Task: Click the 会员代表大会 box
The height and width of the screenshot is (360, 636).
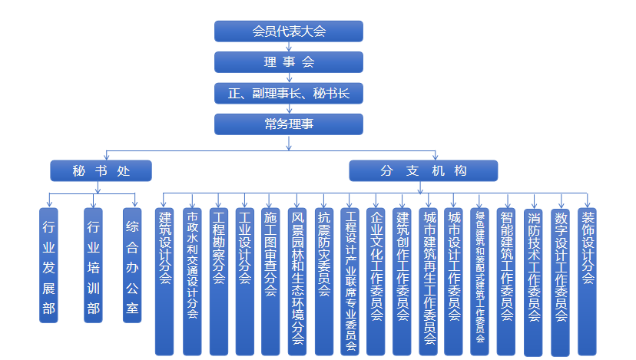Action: pos(288,31)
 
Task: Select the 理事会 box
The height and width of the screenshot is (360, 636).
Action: pos(288,62)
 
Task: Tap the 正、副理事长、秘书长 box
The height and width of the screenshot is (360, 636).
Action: pos(288,93)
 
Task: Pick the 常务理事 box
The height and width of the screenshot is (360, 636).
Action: pos(288,124)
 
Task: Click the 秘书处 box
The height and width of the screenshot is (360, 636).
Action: pos(101,170)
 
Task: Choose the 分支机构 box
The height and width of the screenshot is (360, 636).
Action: pos(423,170)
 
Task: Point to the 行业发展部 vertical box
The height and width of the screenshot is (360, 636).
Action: pos(48,266)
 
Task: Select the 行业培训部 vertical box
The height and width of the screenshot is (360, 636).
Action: pos(93,266)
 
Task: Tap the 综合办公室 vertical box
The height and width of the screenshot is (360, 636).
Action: pos(132,266)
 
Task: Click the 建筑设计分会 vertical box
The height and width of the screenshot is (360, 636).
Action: pos(164,282)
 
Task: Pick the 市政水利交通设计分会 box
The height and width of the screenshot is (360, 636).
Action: pos(192,282)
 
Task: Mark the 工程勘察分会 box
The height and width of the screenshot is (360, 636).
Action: pos(219,282)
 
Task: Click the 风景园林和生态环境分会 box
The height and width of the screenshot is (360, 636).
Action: pos(297,282)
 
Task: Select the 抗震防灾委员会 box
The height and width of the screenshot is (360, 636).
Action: pos(324,282)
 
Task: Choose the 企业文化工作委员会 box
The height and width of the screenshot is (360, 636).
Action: pos(376,282)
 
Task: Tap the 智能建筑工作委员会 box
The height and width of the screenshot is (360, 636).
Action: pos(506,282)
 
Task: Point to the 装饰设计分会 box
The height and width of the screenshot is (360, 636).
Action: pos(587,282)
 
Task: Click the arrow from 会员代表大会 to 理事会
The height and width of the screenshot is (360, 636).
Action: pos(289,47)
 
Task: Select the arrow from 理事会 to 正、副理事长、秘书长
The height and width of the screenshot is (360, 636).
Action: pos(289,78)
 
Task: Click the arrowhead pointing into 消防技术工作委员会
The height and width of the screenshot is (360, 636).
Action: pos(534,206)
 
